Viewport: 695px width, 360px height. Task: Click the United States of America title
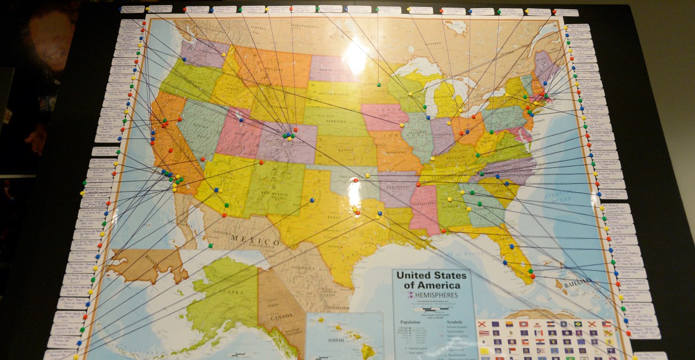(x=428, y=280)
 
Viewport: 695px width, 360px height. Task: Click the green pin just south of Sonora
(x=210, y=246)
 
